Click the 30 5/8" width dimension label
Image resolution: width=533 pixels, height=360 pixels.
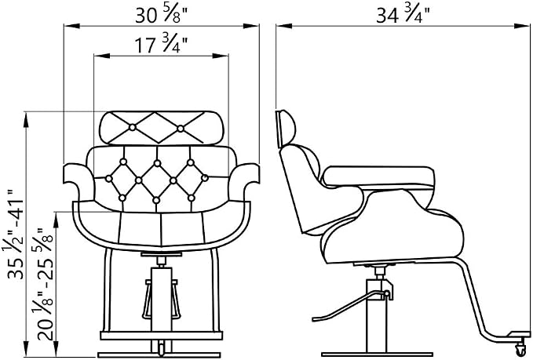162,15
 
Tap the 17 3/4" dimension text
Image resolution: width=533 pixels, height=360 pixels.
162,45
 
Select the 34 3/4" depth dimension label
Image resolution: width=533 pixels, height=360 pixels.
403,15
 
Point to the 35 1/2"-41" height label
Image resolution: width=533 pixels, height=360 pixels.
16,235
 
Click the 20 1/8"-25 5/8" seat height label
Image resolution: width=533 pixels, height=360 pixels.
46,285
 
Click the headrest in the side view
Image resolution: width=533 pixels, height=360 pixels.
286,129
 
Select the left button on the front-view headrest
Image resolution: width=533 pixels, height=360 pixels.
132,127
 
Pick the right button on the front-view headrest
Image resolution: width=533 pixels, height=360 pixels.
181,129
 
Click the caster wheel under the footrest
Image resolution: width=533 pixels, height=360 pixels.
520,347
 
